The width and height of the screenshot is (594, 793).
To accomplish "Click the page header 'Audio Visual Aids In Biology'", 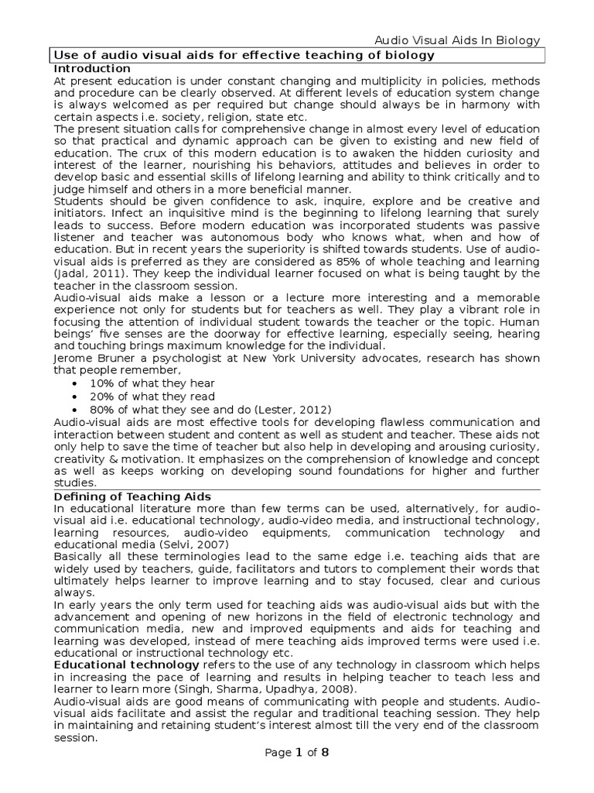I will (x=457, y=41).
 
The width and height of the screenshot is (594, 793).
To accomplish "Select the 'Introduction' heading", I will (x=92, y=69).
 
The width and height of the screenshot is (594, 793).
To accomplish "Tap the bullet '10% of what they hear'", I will (x=152, y=383).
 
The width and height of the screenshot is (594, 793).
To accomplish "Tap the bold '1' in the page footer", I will (x=298, y=752).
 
